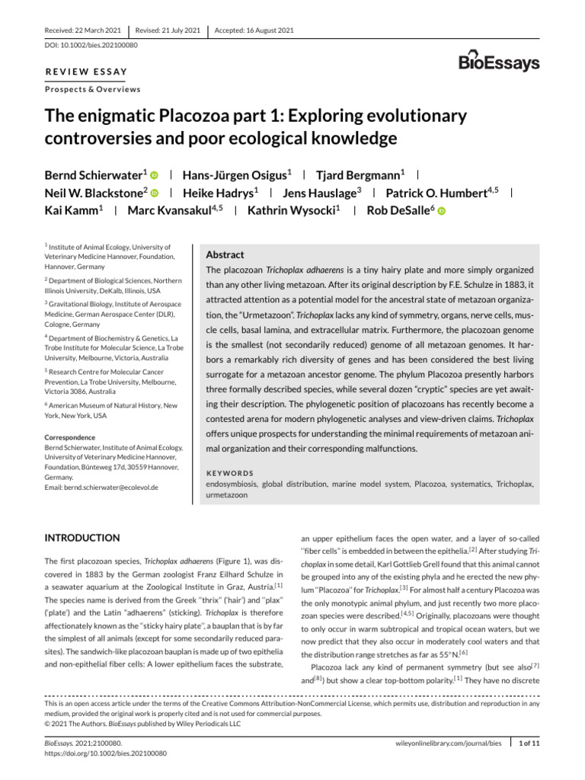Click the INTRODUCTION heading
click(82, 538)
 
